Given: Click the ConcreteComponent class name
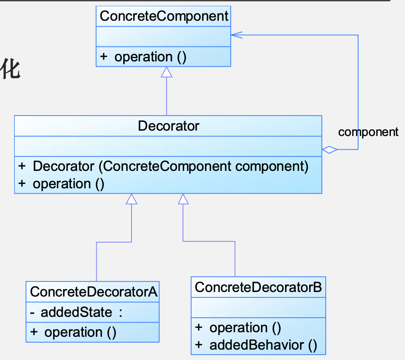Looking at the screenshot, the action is click(164, 16).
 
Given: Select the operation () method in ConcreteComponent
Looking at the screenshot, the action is click(150, 57).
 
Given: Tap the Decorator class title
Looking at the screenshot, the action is click(168, 126).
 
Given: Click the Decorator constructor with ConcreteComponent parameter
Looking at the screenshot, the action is click(171, 166).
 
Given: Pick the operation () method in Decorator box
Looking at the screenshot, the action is click(68, 184).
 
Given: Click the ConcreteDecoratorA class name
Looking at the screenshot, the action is click(93, 292).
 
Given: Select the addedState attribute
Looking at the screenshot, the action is click(76, 312).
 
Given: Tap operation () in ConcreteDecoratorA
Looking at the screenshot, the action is click(80, 332).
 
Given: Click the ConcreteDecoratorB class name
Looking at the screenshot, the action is click(258, 287).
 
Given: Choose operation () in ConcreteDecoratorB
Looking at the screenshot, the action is click(245, 328).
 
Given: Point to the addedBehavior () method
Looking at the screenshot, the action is click(263, 345).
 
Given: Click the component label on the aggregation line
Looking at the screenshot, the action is click(368, 132).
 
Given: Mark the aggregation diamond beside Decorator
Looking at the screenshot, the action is click(329, 150).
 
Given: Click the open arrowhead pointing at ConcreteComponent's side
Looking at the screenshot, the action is click(237, 35).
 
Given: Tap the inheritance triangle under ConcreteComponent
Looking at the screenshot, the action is click(166, 72).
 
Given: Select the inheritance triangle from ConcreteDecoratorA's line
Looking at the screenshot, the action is click(132, 199).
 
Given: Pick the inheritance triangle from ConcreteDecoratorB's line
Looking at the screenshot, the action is click(183, 199).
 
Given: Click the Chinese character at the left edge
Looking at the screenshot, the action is click(10, 69).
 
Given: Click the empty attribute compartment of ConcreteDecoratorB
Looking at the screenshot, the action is click(258, 308).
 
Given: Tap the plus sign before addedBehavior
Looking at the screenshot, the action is click(199, 345).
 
